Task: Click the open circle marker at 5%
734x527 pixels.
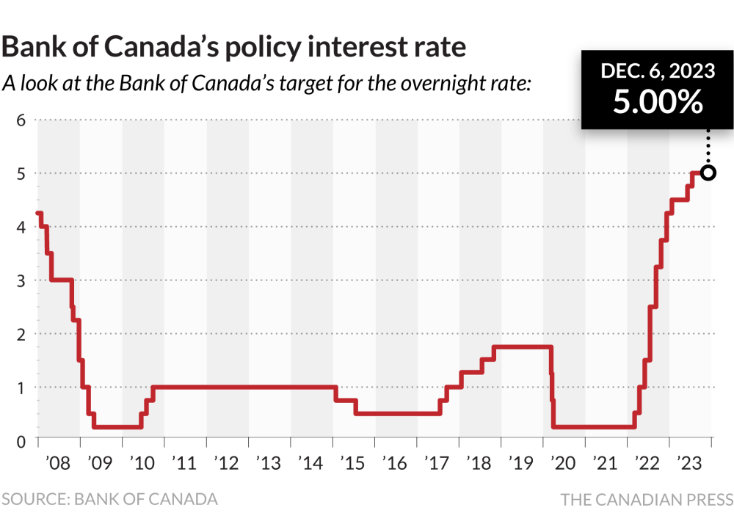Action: (708, 173)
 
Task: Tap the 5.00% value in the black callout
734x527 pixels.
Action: (658, 102)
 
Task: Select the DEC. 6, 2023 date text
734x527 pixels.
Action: (658, 71)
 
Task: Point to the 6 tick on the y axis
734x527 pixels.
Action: (21, 120)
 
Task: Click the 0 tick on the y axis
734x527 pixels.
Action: (21, 440)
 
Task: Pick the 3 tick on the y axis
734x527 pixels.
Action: (21, 280)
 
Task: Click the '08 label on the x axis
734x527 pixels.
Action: (57, 464)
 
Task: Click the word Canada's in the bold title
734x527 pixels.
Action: (160, 47)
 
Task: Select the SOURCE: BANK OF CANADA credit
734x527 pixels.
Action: (110, 499)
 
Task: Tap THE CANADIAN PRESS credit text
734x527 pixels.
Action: (647, 500)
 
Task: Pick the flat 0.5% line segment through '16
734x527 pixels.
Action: (396, 413)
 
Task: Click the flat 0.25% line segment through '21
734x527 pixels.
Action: (595, 426)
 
